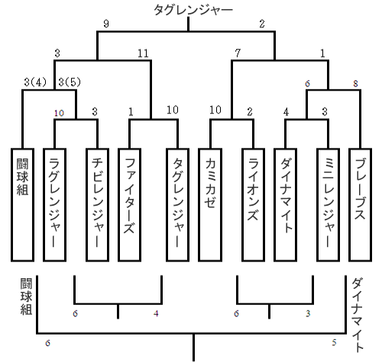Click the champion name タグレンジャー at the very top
tap(193, 10)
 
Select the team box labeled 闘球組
tap(22, 205)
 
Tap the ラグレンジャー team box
tap(54, 205)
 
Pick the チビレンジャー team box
tap(98, 205)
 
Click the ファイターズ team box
tap(129, 205)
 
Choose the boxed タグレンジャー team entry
tap(177, 205)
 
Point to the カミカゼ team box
tap(210, 205)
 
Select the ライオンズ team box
tap(253, 205)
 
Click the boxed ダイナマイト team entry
tap(285, 205)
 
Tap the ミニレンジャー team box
tap(328, 205)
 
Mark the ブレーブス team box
tap(360, 205)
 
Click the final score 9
tap(106, 24)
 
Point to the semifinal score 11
tap(143, 53)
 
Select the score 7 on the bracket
tap(238, 53)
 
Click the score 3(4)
tap(35, 82)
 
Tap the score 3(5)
tap(70, 82)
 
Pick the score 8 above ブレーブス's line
tap(355, 83)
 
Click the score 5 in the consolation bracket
tap(335, 342)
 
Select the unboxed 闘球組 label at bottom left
tap(27, 296)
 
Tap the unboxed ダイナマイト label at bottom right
tap(358, 315)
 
